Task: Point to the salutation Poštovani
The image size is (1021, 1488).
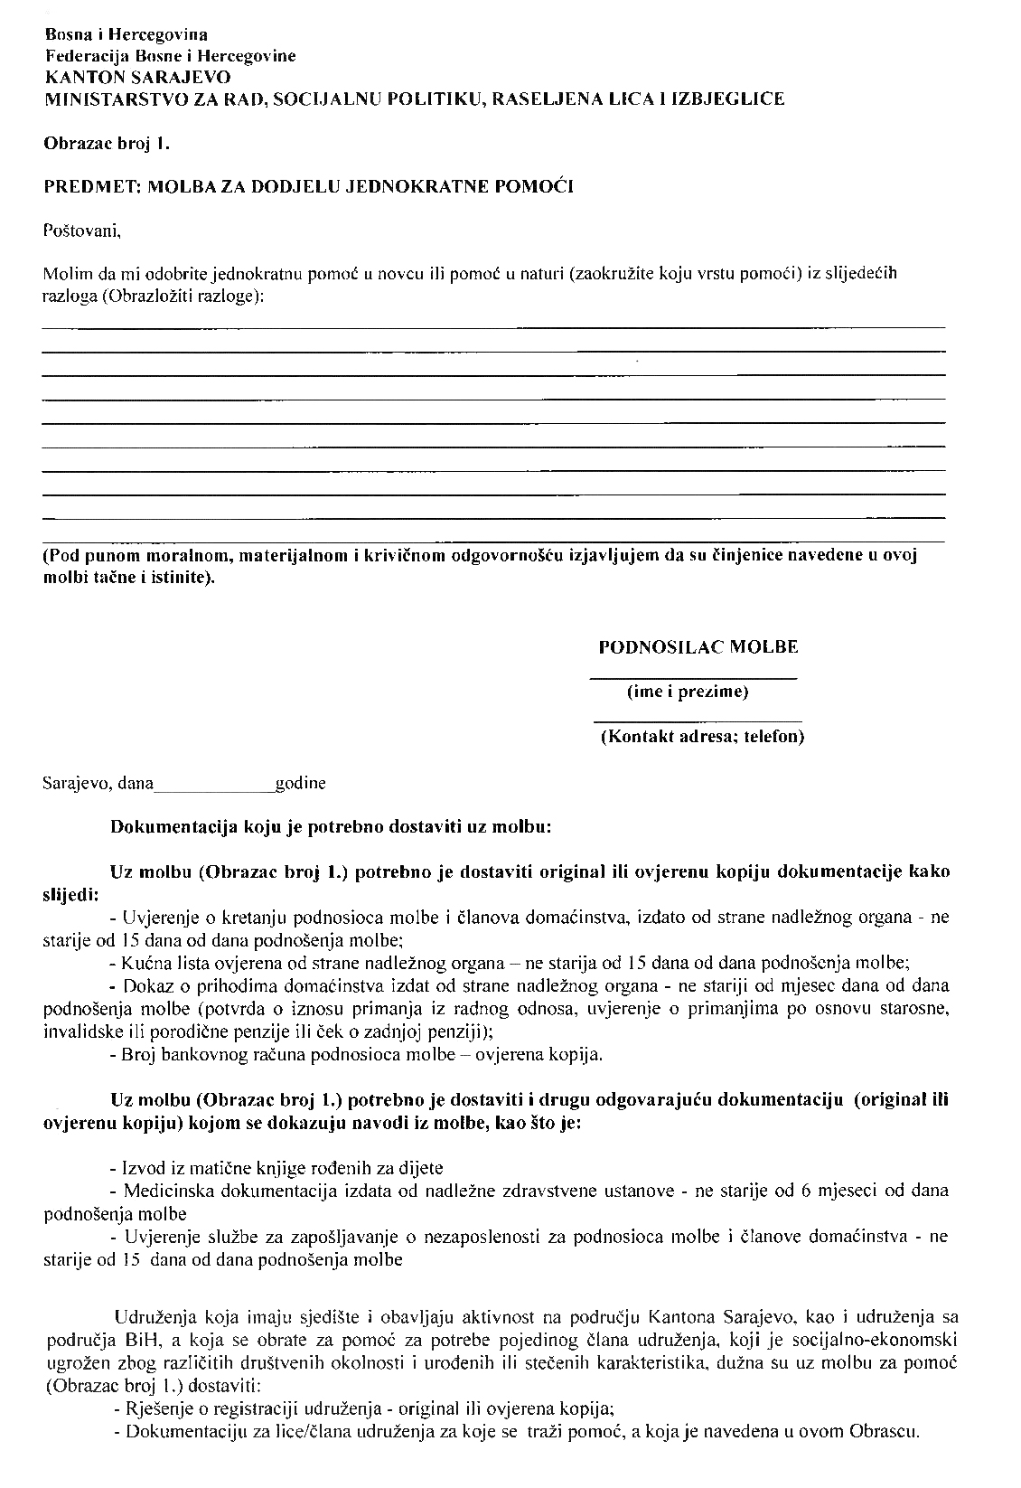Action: [x=81, y=231]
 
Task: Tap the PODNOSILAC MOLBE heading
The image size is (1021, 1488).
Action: [x=698, y=647]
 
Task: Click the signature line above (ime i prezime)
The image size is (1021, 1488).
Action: [x=693, y=677]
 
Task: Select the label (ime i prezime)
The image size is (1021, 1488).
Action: [x=688, y=692]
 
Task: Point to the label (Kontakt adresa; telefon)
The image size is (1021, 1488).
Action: [x=703, y=737]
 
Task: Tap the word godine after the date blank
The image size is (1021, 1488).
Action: [x=301, y=783]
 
